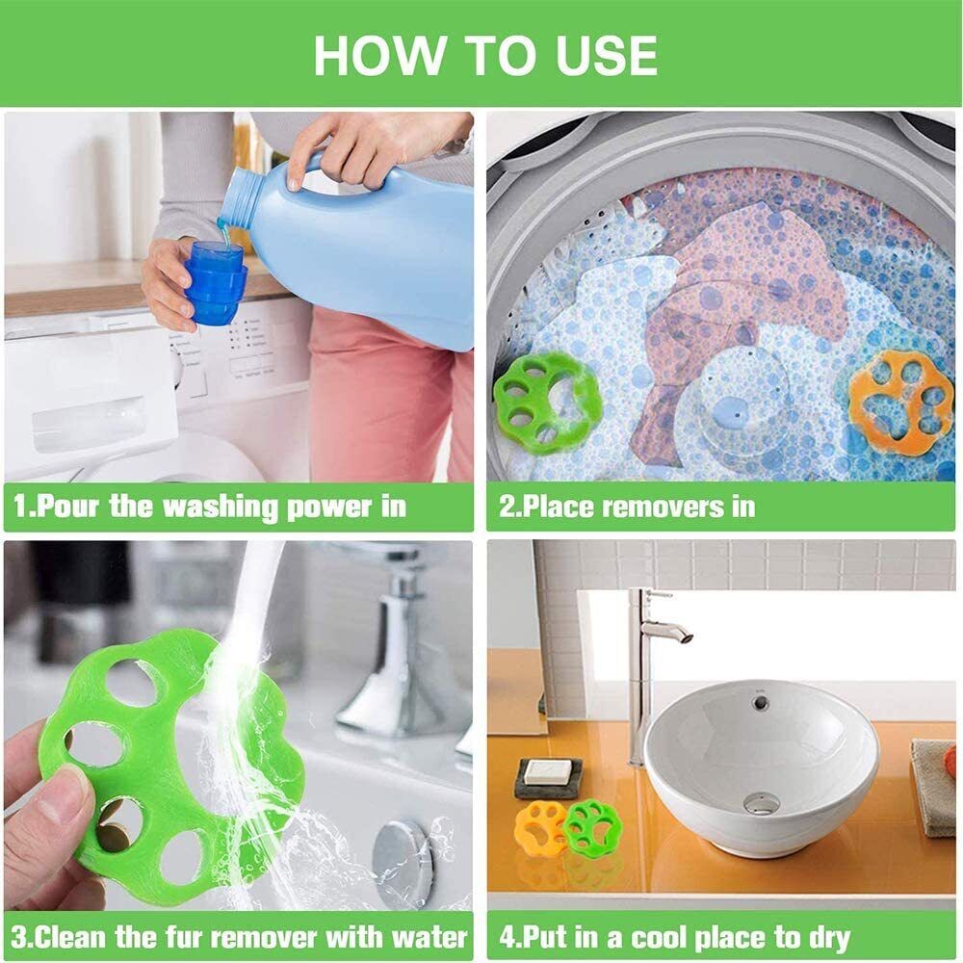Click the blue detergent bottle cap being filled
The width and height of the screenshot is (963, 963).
[x=214, y=281]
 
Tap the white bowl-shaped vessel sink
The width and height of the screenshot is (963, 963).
[x=761, y=761]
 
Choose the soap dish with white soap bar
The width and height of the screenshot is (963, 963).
[x=548, y=776]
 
